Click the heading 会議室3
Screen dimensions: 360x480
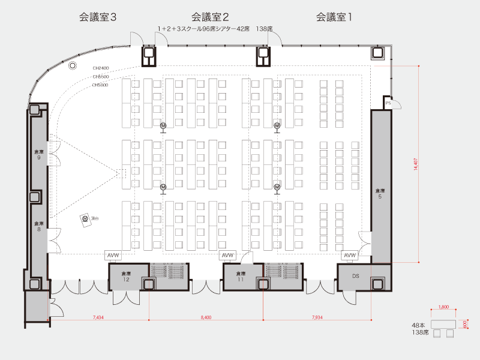click(97, 17)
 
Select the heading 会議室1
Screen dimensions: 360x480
click(334, 17)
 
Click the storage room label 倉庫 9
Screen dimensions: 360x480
click(38, 155)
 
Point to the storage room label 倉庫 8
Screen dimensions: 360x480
click(38, 226)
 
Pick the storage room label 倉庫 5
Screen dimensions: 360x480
click(379, 193)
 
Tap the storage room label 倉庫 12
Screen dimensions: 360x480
click(127, 277)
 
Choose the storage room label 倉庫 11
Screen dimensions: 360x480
click(240, 277)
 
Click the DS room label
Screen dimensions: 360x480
click(355, 275)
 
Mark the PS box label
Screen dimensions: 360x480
click(388, 103)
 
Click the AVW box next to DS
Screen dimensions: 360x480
click(350, 256)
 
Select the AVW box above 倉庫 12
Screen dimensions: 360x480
click(113, 256)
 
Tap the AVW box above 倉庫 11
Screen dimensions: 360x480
click(227, 256)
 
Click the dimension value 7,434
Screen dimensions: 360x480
click(99, 316)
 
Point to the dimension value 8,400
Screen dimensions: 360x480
click(206, 316)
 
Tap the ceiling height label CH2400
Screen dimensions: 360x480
click(100, 68)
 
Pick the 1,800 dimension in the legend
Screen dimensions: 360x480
click(444, 307)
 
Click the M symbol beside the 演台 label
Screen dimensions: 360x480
click(85, 219)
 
